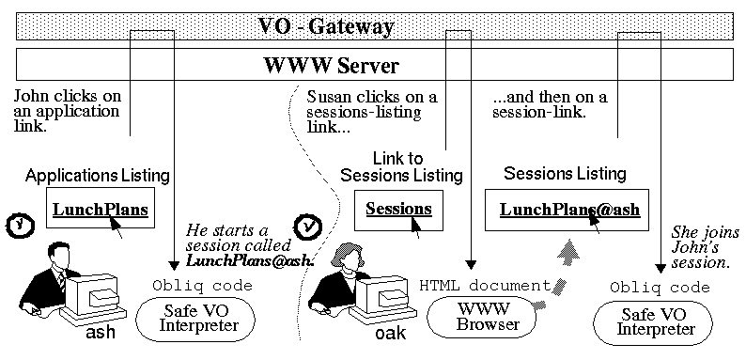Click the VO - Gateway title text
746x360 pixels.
click(326, 26)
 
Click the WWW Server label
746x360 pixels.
click(330, 67)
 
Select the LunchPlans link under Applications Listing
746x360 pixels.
click(101, 210)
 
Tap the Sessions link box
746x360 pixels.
click(398, 210)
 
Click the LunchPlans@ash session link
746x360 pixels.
click(569, 209)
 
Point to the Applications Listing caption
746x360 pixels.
click(98, 176)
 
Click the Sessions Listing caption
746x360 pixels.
click(565, 174)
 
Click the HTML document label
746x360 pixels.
click(484, 285)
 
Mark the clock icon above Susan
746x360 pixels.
click(308, 227)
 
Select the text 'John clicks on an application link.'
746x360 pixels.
click(67, 110)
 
